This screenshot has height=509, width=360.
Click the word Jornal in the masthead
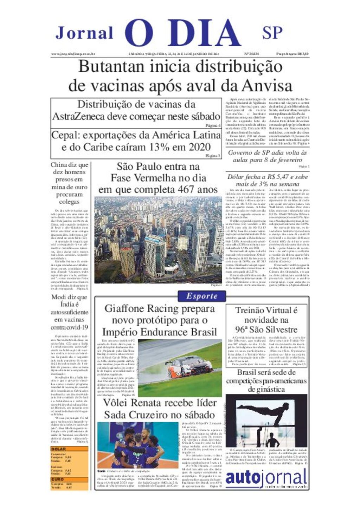[x=84, y=33]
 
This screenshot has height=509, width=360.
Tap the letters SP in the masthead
[x=272, y=33]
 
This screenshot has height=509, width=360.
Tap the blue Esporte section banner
[x=202, y=296]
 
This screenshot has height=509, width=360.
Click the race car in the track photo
[x=189, y=365]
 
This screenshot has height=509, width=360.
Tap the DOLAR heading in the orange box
[x=58, y=449]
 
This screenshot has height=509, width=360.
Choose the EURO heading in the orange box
[x=58, y=479]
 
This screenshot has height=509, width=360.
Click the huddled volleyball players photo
[x=138, y=445]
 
